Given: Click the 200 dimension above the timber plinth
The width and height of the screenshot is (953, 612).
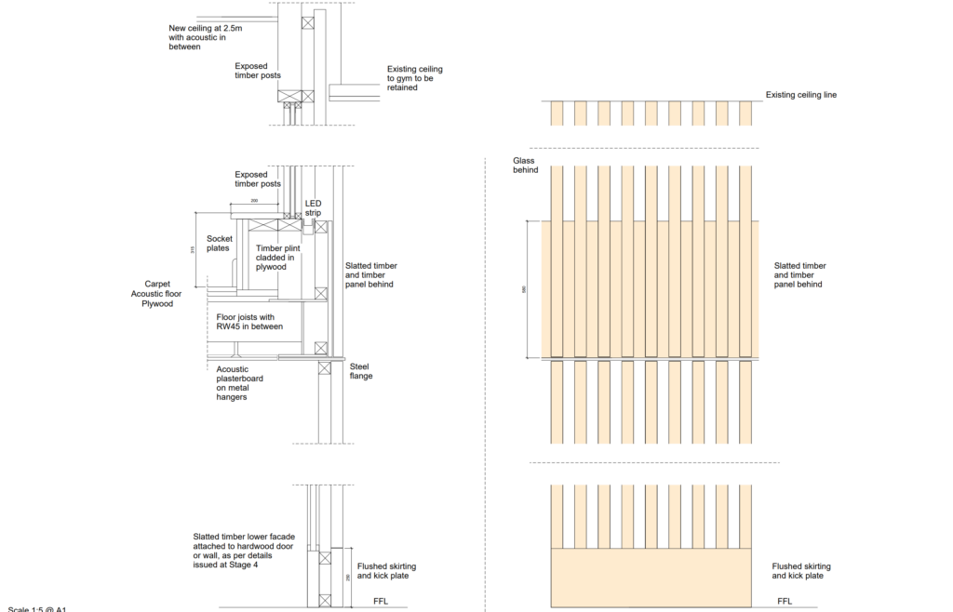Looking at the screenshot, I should point(254,200).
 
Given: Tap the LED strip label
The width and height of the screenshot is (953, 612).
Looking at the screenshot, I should point(313,207).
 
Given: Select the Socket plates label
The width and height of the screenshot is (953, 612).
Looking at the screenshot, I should point(220,243).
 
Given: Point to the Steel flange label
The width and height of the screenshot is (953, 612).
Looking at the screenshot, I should point(360,371).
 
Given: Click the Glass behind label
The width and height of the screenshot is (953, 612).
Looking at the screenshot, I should point(526,165).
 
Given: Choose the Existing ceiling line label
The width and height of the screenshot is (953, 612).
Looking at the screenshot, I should point(800,95).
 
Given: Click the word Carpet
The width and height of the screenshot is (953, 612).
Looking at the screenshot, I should point(158,284).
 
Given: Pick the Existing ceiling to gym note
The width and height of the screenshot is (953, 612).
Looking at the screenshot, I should point(414,78).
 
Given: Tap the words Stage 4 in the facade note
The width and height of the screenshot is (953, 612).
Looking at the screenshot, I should point(243,565).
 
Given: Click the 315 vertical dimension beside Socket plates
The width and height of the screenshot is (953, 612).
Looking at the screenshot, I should point(193,249).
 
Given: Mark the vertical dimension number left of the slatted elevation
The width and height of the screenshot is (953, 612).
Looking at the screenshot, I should point(524,289).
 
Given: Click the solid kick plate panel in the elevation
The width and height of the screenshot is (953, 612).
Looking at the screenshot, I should point(651,577).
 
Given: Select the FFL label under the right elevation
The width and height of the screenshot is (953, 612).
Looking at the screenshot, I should point(785,602).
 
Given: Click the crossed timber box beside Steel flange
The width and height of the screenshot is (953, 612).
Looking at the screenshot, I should point(324,368).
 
